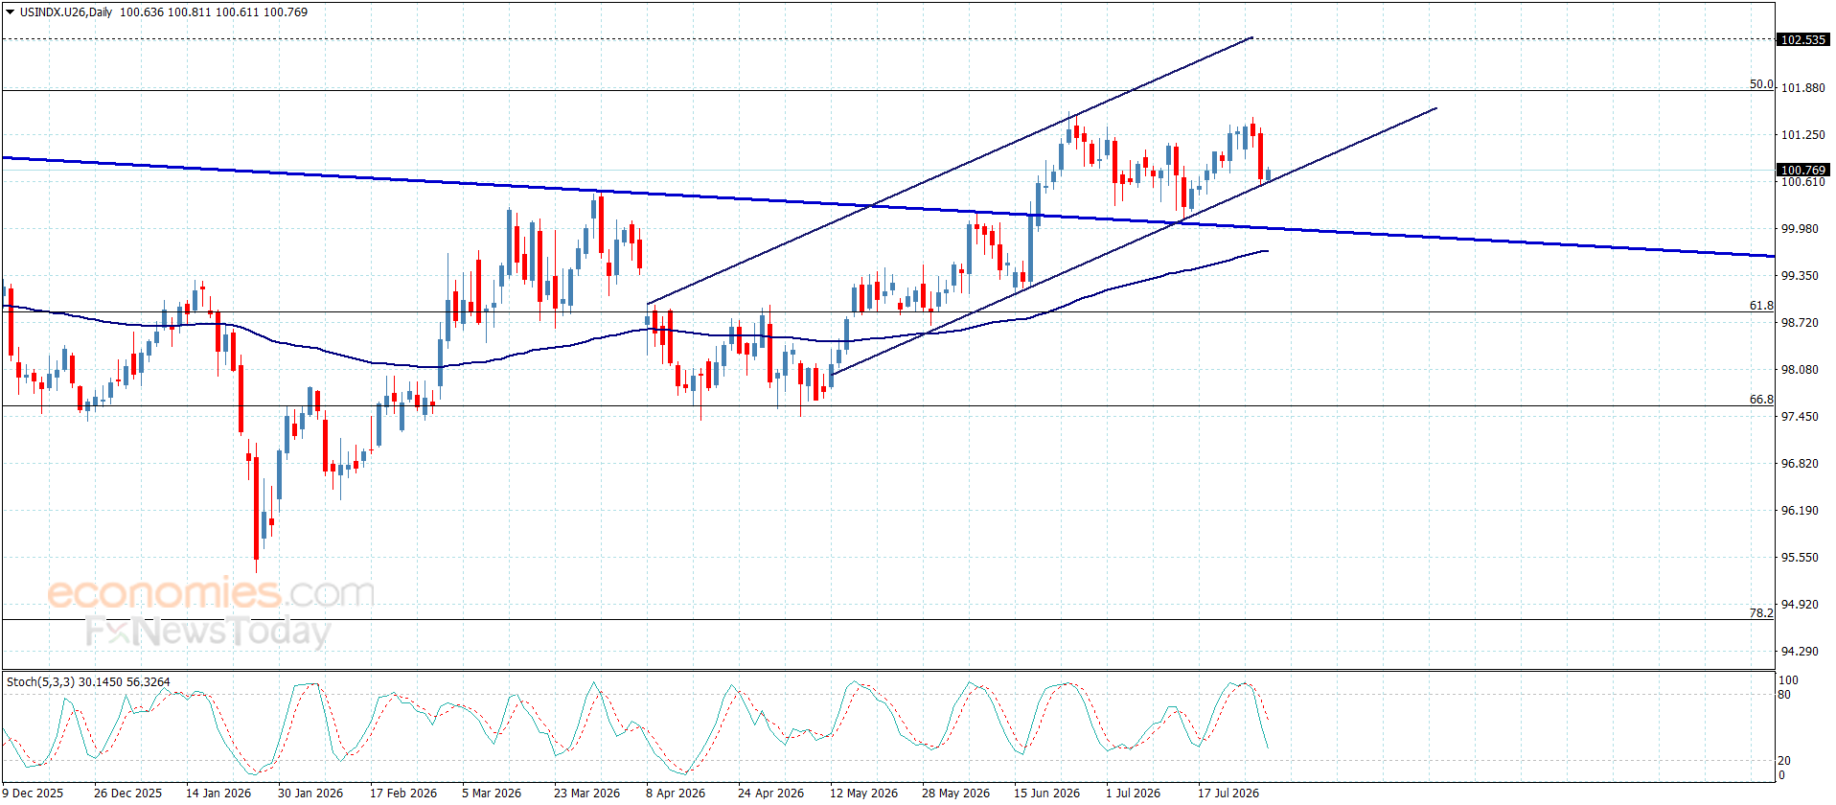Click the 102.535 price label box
1802,39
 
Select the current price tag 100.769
1802,170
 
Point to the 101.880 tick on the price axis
1802,87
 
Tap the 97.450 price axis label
1800,416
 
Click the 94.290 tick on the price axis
1800,651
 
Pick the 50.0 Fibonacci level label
1761,84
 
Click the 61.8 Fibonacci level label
1761,306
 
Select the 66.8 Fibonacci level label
1761,400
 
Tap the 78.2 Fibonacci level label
1761,612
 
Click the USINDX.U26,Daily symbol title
66,12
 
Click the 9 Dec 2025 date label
34,793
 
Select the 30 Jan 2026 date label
310,793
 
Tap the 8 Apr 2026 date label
676,793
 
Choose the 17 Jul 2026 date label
1228,793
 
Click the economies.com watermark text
211,592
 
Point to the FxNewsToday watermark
208,632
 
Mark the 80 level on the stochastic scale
1784,695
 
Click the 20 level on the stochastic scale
1784,761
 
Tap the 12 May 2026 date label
863,793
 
